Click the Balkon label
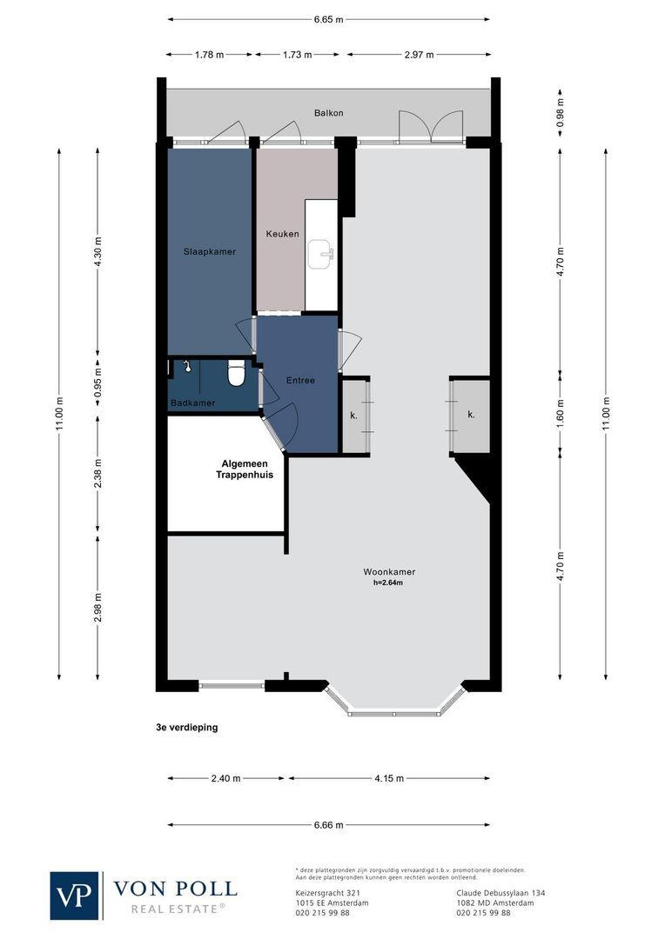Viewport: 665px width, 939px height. pyautogui.click(x=329, y=113)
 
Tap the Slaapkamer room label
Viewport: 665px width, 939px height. pyautogui.click(x=210, y=251)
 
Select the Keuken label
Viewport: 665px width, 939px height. pyautogui.click(x=282, y=234)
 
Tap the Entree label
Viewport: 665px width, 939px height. pyautogui.click(x=300, y=381)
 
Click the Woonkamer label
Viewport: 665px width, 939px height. pyautogui.click(x=389, y=572)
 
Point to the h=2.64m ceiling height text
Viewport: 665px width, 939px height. pyautogui.click(x=388, y=583)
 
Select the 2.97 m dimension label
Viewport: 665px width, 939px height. pyautogui.click(x=418, y=54)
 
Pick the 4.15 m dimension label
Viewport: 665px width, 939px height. pyautogui.click(x=388, y=779)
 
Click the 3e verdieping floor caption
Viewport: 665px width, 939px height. pyautogui.click(x=181, y=729)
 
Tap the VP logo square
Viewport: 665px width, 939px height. pyautogui.click(x=75, y=895)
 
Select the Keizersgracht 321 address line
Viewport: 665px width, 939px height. pyautogui.click(x=328, y=893)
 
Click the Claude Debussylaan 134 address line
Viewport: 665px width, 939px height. pyautogui.click(x=500, y=893)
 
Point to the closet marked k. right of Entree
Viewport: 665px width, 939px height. pyautogui.click(x=354, y=416)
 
